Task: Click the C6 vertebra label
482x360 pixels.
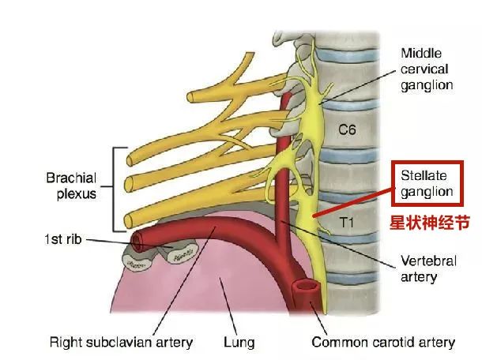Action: pyautogui.click(x=347, y=129)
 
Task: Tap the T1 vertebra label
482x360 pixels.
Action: pyautogui.click(x=346, y=223)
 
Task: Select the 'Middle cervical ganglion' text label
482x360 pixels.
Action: pyautogui.click(x=427, y=69)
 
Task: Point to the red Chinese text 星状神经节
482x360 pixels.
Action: pyautogui.click(x=430, y=223)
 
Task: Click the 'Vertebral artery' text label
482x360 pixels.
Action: pyautogui.click(x=428, y=268)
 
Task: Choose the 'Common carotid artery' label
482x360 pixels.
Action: pyautogui.click(x=383, y=342)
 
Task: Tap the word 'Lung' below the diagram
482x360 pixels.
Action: pyautogui.click(x=239, y=343)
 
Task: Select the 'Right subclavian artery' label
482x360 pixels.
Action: pyautogui.click(x=121, y=342)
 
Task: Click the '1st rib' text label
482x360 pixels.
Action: pyautogui.click(x=63, y=239)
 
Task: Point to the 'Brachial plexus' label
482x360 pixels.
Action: pyautogui.click(x=72, y=186)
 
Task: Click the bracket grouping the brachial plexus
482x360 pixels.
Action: pyautogui.click(x=114, y=189)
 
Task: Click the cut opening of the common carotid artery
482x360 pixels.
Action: pyautogui.click(x=305, y=287)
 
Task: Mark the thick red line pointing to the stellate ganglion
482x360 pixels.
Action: pyautogui.click(x=352, y=202)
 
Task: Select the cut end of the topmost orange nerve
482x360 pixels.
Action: pyautogui.click(x=190, y=97)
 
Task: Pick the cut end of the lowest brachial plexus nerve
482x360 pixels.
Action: pyautogui.click(x=129, y=222)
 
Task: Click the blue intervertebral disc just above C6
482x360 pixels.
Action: pyautogui.click(x=350, y=104)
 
